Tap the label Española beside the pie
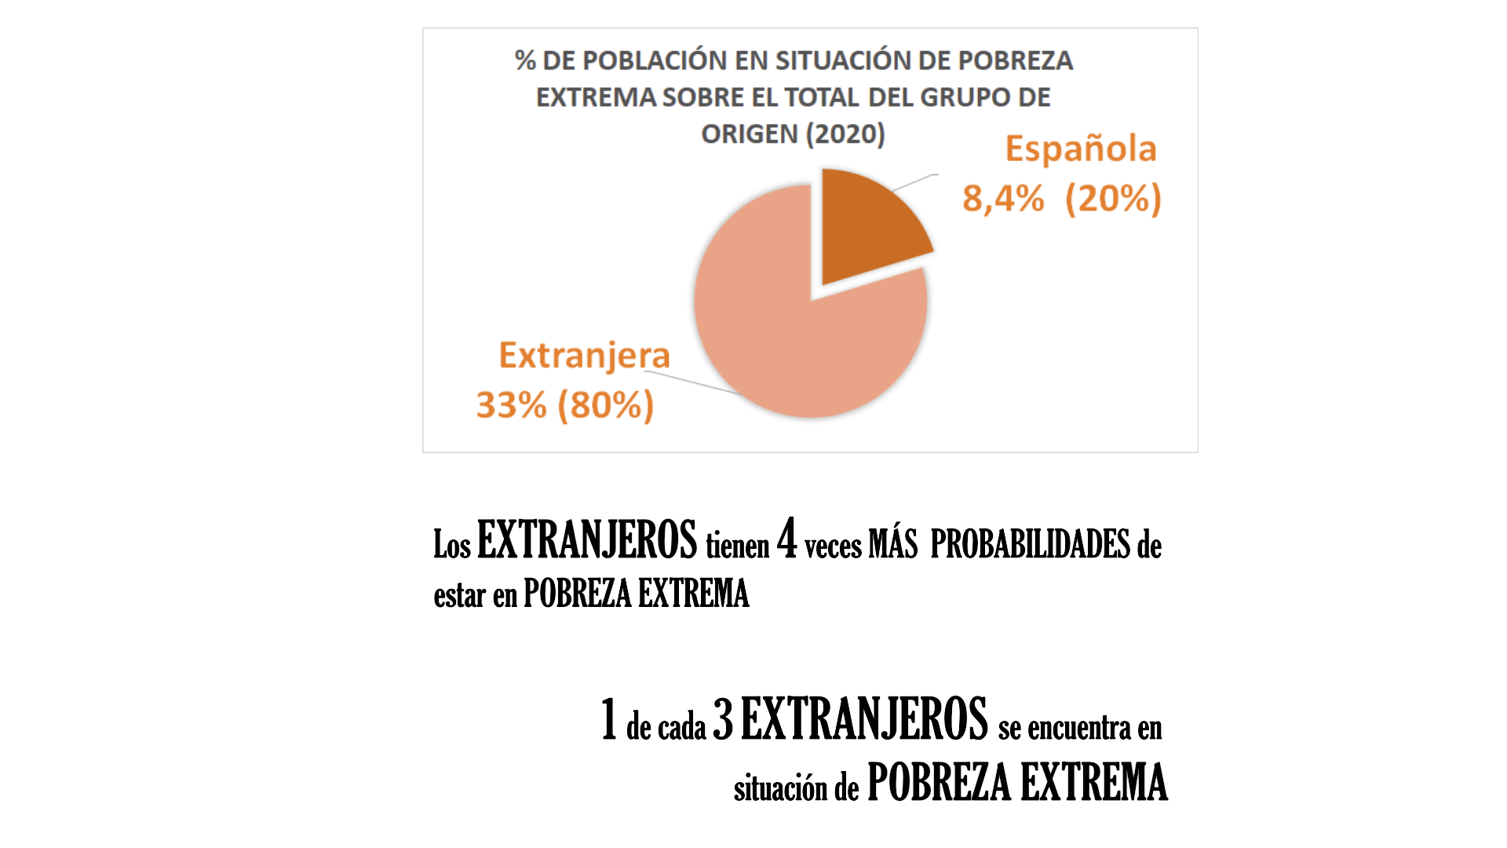[x=1081, y=149]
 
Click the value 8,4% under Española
[x=1003, y=199]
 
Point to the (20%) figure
[x=1113, y=199]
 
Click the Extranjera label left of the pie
[x=585, y=356]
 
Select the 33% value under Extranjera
[x=511, y=405]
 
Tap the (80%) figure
[x=605, y=405]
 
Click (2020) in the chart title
[x=845, y=134]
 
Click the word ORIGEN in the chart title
[x=749, y=134]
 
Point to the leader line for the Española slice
[x=915, y=182]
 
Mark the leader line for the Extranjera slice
[x=691, y=382]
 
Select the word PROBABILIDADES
[x=1030, y=544]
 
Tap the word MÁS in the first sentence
[x=893, y=544]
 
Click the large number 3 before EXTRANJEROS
[x=723, y=719]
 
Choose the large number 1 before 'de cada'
[x=609, y=719]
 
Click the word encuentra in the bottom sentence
[x=1079, y=728]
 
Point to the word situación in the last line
[x=780, y=788]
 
